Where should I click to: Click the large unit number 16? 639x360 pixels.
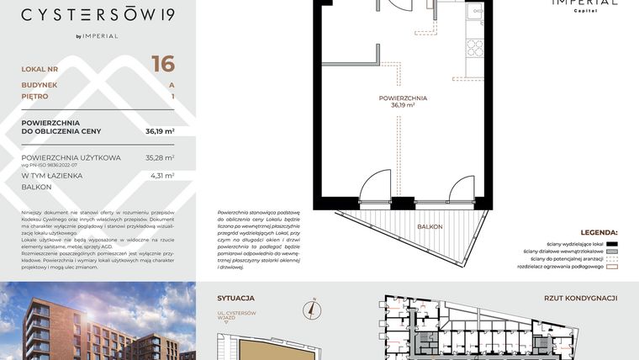click(x=163, y=64)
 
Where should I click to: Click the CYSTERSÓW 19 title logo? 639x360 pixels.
click(x=98, y=14)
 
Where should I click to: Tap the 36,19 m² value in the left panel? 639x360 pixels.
click(x=160, y=131)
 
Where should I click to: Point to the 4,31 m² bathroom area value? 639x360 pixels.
click(x=161, y=176)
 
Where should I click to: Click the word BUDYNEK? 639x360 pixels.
click(x=40, y=85)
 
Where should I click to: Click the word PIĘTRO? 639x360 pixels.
click(x=35, y=97)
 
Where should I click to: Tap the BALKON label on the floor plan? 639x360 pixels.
click(x=430, y=227)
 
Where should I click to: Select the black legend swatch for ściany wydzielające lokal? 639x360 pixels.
click(x=611, y=242)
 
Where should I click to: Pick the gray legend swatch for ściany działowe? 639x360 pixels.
click(x=611, y=251)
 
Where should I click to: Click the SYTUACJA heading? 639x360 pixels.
click(x=235, y=298)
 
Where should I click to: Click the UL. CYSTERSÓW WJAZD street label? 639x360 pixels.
click(x=236, y=318)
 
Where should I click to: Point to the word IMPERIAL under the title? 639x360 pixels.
click(x=101, y=36)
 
